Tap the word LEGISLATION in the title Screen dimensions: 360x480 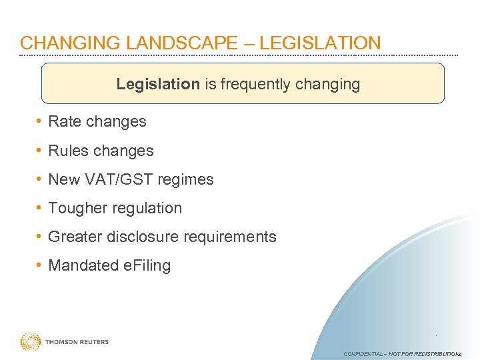point(320,43)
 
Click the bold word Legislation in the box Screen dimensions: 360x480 point(158,84)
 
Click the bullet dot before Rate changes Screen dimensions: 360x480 point(41,121)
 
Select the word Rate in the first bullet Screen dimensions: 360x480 point(64,121)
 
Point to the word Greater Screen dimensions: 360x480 point(73,237)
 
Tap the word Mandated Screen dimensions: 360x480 point(83,265)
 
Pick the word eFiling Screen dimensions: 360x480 point(147,265)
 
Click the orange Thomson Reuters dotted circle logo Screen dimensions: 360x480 point(31,342)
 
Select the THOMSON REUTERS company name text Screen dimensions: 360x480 point(77,342)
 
